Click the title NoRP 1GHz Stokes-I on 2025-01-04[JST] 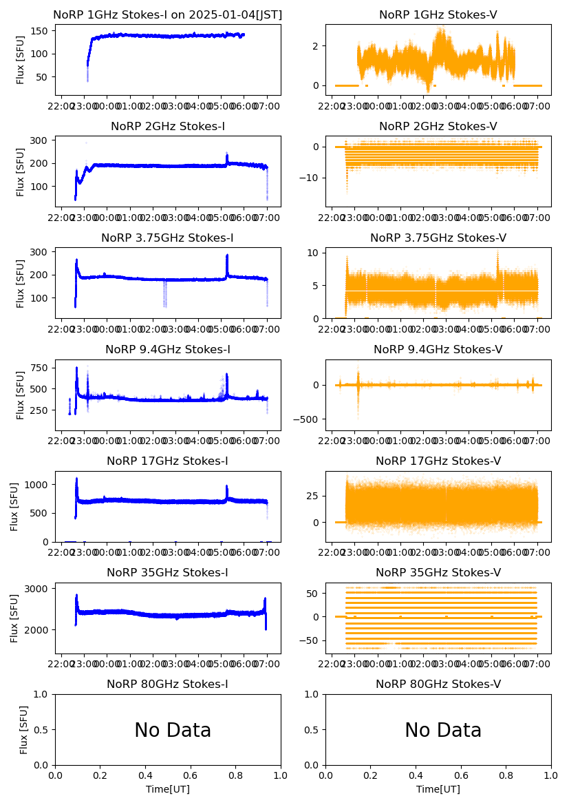click(168, 15)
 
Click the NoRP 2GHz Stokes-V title click(438, 127)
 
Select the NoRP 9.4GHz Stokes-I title click(168, 350)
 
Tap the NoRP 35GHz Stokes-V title click(438, 573)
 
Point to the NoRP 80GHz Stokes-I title click(168, 684)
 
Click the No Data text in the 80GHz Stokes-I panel click(173, 731)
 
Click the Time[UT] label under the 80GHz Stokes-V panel click(438, 789)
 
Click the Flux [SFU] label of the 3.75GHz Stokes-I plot click(21, 283)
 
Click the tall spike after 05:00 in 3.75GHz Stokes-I click(227, 257)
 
